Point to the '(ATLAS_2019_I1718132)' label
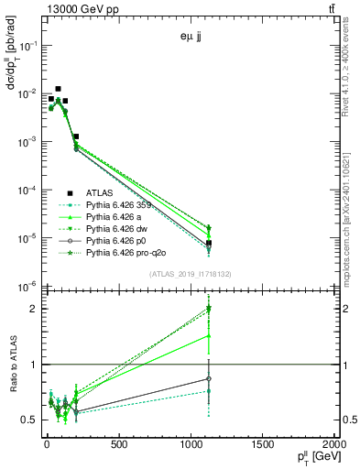189,273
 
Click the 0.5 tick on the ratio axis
30,420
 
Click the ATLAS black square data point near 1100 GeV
209,243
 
